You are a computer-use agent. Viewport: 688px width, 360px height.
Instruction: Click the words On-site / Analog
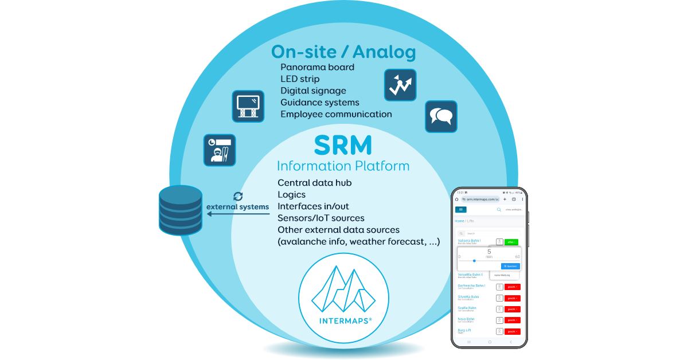pyautogui.click(x=343, y=52)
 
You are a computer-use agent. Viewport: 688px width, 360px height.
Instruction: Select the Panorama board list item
pyautogui.click(x=317, y=67)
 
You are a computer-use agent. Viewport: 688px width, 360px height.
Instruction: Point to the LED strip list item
pyautogui.click(x=300, y=79)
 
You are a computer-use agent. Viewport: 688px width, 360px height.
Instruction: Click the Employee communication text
pyautogui.click(x=336, y=114)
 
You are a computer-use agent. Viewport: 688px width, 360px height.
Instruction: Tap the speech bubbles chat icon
pyautogui.click(x=441, y=117)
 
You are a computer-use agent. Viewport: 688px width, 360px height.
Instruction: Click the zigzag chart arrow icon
pyautogui.click(x=400, y=85)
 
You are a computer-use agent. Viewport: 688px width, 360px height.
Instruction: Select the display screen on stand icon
pyautogui.click(x=248, y=106)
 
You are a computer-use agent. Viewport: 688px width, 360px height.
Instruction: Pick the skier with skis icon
pyautogui.click(x=220, y=150)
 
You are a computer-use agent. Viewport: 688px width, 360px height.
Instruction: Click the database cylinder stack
pyautogui.click(x=180, y=210)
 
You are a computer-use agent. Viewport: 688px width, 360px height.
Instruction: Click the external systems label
pyautogui.click(x=237, y=206)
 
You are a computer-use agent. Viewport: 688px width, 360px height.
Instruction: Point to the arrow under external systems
pyautogui.click(x=238, y=214)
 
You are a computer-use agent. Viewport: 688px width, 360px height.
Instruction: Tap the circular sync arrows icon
pyautogui.click(x=238, y=196)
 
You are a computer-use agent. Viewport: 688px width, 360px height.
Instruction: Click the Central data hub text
pyautogui.click(x=314, y=183)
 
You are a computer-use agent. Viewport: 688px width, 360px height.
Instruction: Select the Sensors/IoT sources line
pyautogui.click(x=321, y=218)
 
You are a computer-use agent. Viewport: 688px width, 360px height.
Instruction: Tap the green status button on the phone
pyautogui.click(x=511, y=242)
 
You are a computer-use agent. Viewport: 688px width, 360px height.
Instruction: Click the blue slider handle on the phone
pyautogui.click(x=474, y=261)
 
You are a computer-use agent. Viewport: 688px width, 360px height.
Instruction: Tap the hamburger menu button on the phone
pyautogui.click(x=461, y=210)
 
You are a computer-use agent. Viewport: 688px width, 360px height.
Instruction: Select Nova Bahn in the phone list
pyautogui.click(x=466, y=319)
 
